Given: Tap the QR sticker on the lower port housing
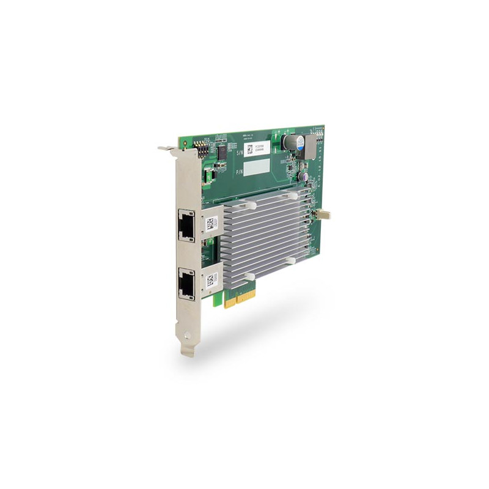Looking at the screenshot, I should [210, 280].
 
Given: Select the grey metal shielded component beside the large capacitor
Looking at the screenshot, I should [310, 146].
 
